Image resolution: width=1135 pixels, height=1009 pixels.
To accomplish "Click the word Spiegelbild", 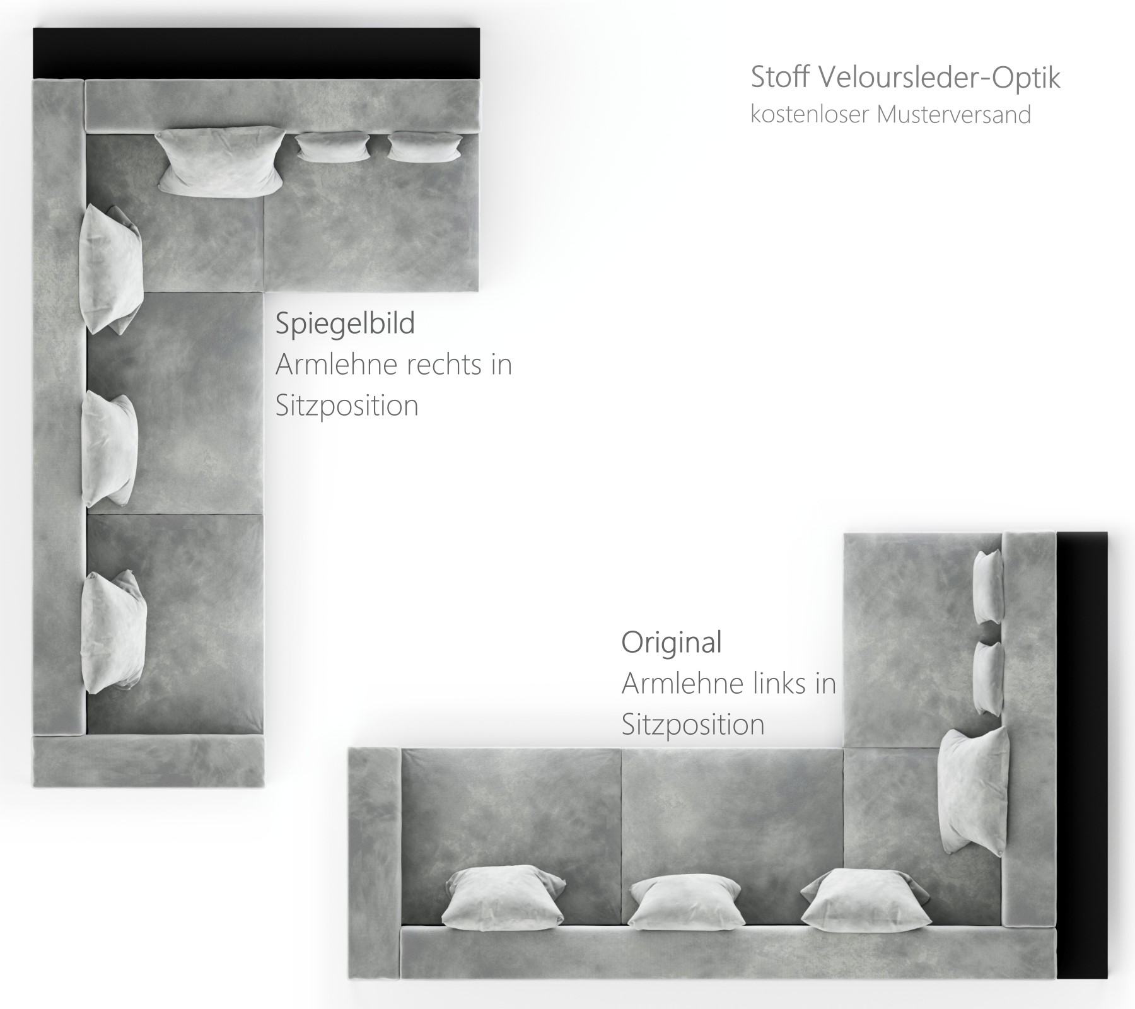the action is [x=345, y=324].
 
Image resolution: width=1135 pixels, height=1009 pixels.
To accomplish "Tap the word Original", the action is [x=672, y=642].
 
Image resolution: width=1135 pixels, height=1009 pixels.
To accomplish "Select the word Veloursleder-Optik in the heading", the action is [x=939, y=78].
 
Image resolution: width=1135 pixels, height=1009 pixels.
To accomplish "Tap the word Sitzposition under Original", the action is [x=693, y=724].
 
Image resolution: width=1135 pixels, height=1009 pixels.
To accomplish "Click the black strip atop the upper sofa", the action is [x=257, y=54].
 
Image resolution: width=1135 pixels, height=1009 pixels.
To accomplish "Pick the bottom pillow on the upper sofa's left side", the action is [x=113, y=631].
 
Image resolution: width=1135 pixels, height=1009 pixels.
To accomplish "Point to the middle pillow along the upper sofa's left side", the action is [x=109, y=448].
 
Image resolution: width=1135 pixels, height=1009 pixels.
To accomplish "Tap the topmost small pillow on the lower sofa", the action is [x=988, y=586].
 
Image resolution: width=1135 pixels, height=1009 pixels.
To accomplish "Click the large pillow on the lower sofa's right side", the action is [x=974, y=791].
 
